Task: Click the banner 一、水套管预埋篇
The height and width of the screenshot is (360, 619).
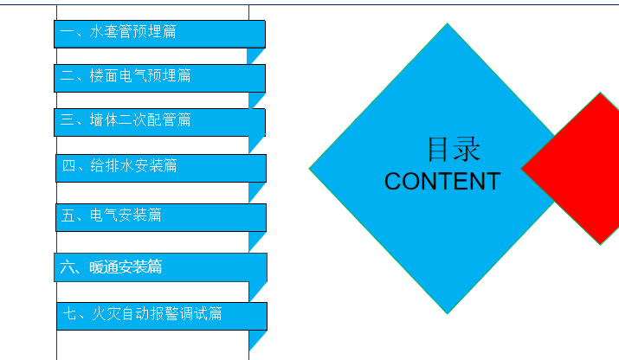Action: (x=159, y=34)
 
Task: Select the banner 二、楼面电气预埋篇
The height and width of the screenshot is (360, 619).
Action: (x=159, y=78)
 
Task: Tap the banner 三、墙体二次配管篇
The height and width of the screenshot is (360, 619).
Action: (x=159, y=122)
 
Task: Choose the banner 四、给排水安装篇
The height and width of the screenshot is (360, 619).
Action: (x=161, y=168)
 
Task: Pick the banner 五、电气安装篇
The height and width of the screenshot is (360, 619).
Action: (x=161, y=217)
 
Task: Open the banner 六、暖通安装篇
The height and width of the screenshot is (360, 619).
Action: (x=160, y=267)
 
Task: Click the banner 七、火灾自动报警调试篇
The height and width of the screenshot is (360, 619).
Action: (x=162, y=316)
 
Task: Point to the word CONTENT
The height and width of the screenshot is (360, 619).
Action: (x=442, y=182)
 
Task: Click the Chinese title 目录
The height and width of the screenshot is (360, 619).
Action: (x=454, y=149)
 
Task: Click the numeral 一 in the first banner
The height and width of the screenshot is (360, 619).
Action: (x=68, y=31)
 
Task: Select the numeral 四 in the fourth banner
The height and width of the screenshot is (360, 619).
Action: (x=68, y=165)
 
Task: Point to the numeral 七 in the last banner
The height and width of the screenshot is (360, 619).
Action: (x=70, y=314)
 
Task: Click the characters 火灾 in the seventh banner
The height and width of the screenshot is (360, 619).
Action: (x=106, y=314)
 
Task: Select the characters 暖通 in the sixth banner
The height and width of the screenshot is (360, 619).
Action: (x=104, y=267)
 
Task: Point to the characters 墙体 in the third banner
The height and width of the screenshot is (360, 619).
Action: (x=104, y=119)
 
